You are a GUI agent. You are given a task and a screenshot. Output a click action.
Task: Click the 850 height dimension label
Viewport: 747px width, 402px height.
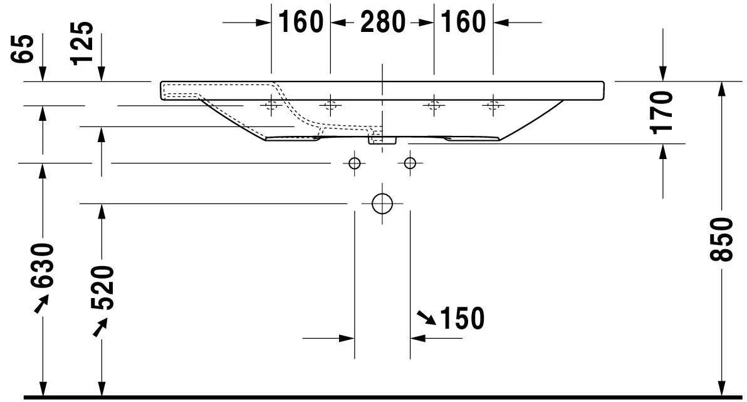point(723,239)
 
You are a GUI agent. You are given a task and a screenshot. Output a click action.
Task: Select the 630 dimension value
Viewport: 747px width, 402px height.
point(43,265)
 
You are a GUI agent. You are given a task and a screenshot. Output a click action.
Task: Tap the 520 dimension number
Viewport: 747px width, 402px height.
point(102,287)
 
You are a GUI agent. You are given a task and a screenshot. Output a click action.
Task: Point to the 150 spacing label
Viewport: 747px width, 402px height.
point(462,319)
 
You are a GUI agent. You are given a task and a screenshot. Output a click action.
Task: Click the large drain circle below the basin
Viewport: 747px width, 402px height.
point(382,204)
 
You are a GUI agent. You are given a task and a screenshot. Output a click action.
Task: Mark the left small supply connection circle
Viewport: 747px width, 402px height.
point(354,163)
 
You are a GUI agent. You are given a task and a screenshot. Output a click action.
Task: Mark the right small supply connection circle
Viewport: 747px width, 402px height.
point(410,163)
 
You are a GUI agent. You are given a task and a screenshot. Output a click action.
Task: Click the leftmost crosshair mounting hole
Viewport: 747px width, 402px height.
point(271,105)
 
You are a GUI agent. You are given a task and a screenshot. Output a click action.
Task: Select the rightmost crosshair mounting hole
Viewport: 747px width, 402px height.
point(493,105)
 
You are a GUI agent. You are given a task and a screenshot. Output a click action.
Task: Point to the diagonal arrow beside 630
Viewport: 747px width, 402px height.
point(41,304)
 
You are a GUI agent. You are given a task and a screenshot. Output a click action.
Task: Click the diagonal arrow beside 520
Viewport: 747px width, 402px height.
point(100,326)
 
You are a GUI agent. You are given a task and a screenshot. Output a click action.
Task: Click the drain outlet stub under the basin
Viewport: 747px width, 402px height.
point(382,140)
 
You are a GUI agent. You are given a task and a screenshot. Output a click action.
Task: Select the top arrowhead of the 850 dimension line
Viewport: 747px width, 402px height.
point(722,88)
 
